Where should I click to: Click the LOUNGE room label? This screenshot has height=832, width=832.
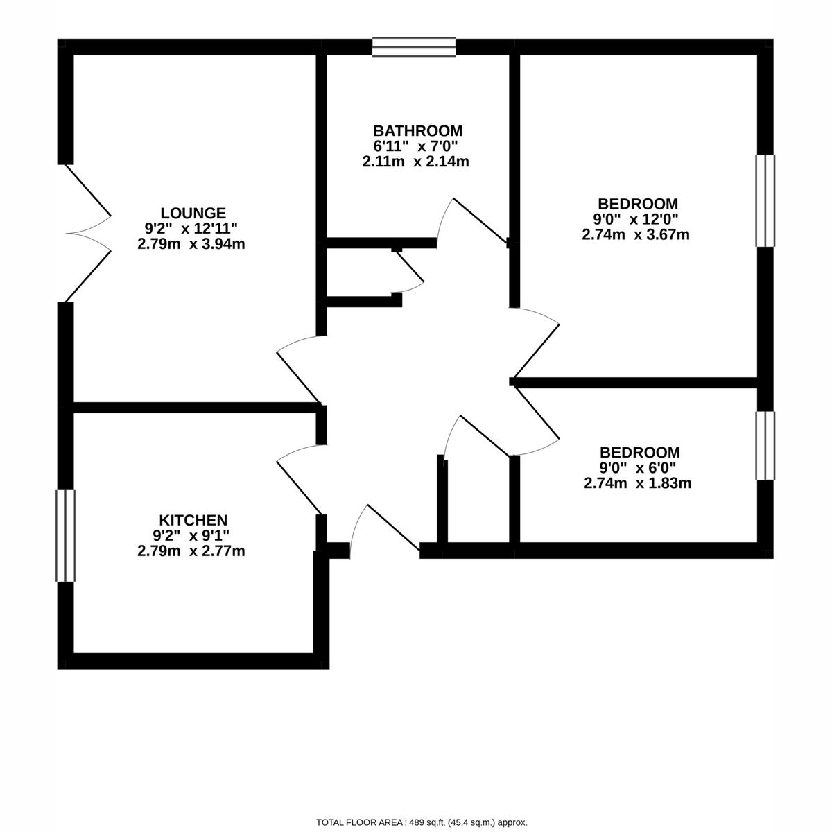193,213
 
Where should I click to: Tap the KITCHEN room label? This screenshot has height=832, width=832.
193,520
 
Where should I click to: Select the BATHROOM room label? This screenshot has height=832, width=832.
417,130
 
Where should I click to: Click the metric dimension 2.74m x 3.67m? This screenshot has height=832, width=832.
636,234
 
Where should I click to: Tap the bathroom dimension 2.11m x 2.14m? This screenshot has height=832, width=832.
416,162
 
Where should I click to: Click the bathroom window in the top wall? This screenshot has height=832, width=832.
414,46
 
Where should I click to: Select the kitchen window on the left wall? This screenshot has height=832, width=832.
66,535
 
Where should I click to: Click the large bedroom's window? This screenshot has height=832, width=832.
765,200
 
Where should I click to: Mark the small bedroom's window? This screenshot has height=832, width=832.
765,446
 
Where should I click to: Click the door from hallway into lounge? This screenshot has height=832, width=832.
298,367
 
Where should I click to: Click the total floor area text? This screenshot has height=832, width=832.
422,822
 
